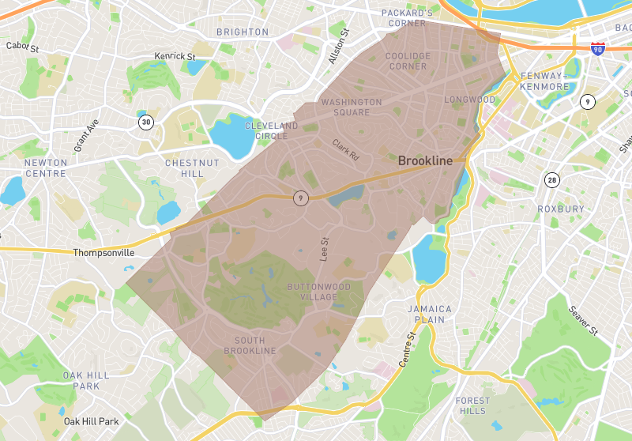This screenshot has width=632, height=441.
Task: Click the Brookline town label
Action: click(425, 160)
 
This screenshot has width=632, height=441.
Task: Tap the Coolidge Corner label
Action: click(408, 61)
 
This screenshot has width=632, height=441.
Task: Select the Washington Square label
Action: click(351, 107)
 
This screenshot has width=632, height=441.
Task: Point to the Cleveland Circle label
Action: click(271, 131)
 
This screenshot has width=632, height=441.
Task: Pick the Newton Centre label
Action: click(46, 168)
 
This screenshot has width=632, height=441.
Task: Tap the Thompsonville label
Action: click(103, 253)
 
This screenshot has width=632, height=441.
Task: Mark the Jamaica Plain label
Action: click(430, 315)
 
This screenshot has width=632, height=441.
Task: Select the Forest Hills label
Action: click(472, 406)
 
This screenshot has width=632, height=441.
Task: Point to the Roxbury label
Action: click(560, 209)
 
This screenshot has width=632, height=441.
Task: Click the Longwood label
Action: click(469, 100)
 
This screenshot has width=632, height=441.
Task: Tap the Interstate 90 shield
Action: click(598, 48)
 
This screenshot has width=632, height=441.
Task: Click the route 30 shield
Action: click(145, 122)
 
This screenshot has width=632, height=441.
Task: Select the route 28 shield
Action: click(551, 180)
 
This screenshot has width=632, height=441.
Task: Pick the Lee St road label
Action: click(323, 250)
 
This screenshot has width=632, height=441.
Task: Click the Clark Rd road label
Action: click(345, 151)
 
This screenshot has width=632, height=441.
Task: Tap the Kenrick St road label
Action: click(175, 57)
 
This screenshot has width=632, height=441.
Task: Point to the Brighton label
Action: click(243, 32)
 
